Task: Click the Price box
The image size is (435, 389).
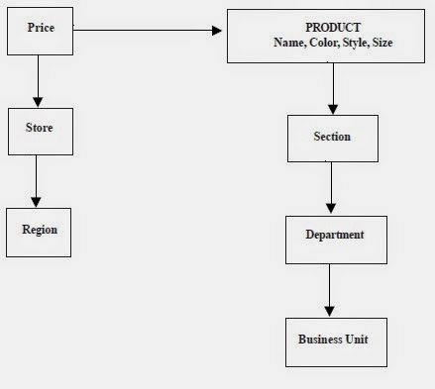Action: [x=40, y=32]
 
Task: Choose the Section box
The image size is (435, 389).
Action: [x=332, y=138]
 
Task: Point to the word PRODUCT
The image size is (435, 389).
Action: [x=332, y=28]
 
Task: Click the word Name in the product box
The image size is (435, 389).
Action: [x=287, y=43]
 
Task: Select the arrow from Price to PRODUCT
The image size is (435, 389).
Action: [x=149, y=31]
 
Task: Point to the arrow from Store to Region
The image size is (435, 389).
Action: [x=38, y=181]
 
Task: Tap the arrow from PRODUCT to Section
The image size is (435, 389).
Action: [x=332, y=89]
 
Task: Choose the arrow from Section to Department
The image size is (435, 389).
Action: [x=331, y=187]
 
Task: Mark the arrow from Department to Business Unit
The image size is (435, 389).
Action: [x=330, y=291]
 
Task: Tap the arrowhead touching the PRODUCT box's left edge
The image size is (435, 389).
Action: [x=219, y=31]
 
